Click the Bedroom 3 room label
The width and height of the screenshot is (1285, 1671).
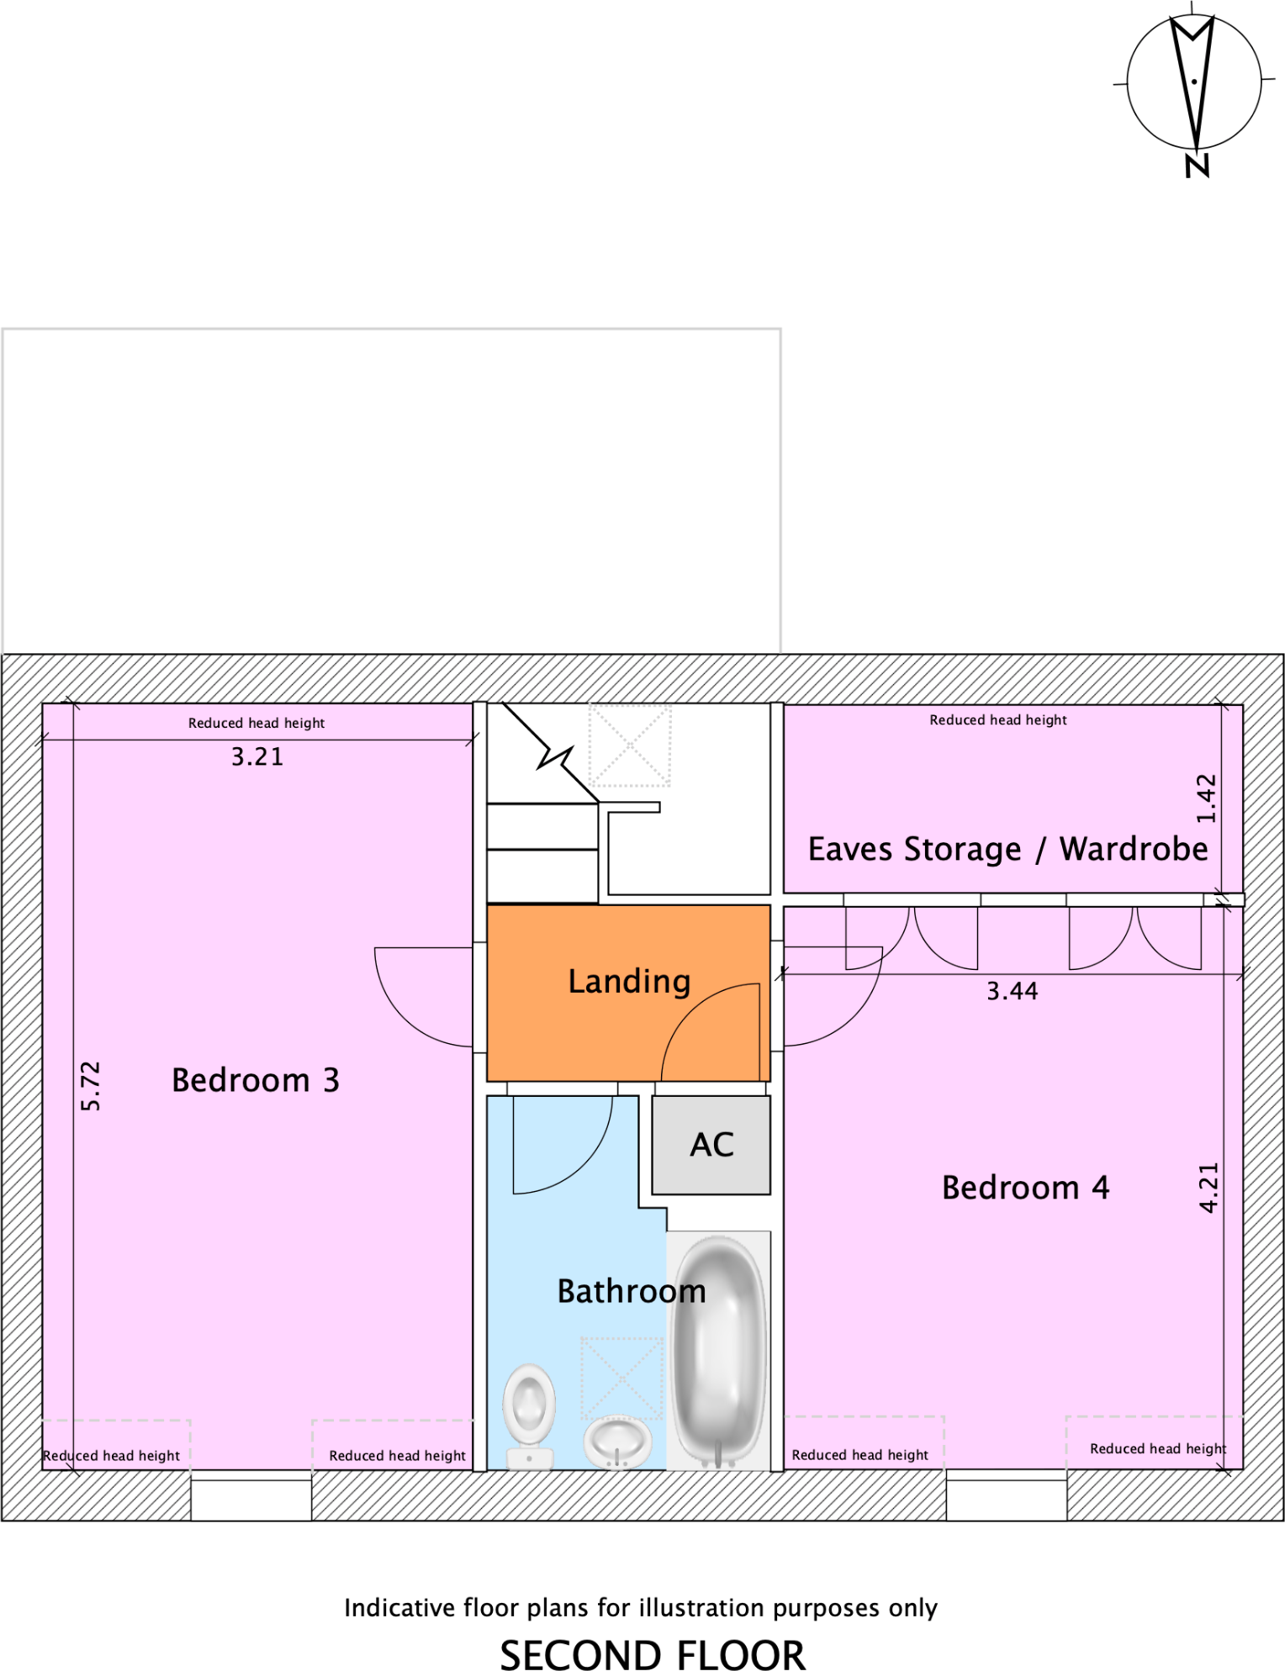click(x=255, y=1080)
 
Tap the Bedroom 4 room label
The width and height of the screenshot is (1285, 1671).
click(x=1024, y=1188)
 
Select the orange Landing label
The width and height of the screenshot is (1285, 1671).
click(x=629, y=981)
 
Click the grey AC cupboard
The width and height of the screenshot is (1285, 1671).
click(x=711, y=1145)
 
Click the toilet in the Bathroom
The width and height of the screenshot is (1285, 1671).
click(x=529, y=1412)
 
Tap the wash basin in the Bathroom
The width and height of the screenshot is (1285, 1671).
click(x=617, y=1441)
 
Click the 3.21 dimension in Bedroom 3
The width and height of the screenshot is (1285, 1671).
click(x=257, y=757)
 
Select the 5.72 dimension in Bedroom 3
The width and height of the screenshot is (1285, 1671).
click(x=91, y=1086)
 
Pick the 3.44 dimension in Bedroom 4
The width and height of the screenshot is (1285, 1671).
click(x=1012, y=992)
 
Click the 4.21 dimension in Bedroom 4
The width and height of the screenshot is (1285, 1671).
click(x=1208, y=1187)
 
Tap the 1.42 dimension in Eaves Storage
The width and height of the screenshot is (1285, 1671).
click(x=1207, y=799)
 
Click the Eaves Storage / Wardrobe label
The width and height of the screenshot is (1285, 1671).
click(x=1007, y=849)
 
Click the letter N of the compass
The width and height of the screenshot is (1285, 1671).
click(x=1197, y=166)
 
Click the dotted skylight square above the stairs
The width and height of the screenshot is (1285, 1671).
click(x=629, y=745)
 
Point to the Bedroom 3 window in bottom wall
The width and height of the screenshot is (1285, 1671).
click(x=251, y=1499)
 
